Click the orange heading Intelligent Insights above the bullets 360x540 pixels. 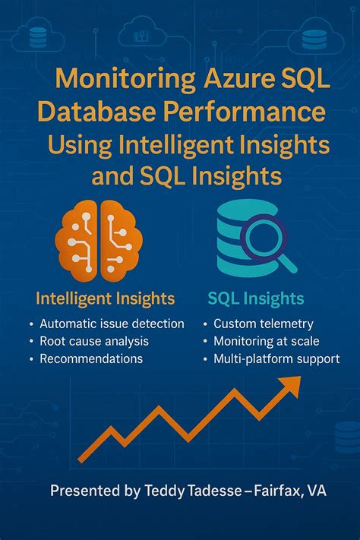tap(105, 298)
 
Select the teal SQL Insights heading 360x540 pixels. tap(255, 298)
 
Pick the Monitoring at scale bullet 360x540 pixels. tap(266, 341)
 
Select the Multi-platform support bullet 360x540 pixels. tap(276, 358)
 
